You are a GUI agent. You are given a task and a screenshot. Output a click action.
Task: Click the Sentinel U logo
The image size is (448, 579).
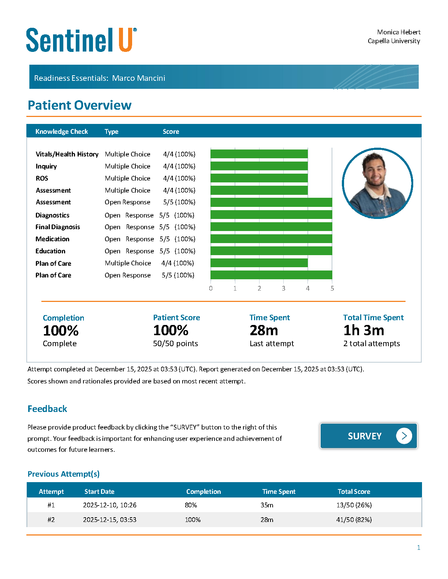pyautogui.click(x=81, y=40)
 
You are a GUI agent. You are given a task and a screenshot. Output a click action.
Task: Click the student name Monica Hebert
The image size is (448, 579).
pyautogui.click(x=399, y=32)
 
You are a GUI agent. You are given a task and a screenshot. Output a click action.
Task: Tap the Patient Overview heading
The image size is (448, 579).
pyautogui.click(x=79, y=105)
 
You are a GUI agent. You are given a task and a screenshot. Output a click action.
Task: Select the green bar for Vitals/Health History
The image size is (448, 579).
pyautogui.click(x=259, y=154)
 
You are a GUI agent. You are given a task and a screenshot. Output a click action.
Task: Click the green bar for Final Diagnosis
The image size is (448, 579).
pyautogui.click(x=271, y=227)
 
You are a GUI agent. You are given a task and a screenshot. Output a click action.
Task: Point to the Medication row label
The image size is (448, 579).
pyautogui.click(x=52, y=239)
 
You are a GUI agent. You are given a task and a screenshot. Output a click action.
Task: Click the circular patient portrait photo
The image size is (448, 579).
pyautogui.click(x=377, y=183)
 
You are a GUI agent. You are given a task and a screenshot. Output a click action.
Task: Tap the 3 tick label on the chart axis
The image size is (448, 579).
pyautogui.click(x=283, y=288)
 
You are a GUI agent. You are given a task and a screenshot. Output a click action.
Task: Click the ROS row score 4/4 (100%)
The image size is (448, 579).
pyautogui.click(x=179, y=178)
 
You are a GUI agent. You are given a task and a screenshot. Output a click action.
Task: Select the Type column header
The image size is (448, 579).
pyautogui.click(x=112, y=132)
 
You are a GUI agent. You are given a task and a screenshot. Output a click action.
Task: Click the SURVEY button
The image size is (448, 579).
pyautogui.click(x=369, y=436)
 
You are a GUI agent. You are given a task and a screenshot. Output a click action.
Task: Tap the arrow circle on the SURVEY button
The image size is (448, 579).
pyautogui.click(x=404, y=436)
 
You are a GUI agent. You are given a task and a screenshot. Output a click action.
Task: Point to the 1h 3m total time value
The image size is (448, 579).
pyautogui.click(x=364, y=330)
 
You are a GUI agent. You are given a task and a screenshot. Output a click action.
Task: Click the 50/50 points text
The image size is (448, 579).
pyautogui.click(x=175, y=344)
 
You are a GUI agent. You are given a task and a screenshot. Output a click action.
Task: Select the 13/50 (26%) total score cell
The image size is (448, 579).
pyautogui.click(x=354, y=505)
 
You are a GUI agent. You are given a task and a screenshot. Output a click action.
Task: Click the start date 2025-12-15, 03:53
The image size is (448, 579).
pyautogui.click(x=110, y=520)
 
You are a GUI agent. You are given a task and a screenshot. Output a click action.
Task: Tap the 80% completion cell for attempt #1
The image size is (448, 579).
pyautogui.click(x=191, y=505)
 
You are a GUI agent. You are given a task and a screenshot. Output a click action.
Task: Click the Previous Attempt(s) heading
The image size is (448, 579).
pyautogui.click(x=64, y=474)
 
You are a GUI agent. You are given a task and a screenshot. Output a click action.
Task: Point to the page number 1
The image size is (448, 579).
pyautogui.click(x=419, y=548)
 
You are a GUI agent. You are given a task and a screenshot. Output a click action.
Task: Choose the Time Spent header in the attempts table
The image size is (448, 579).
pyautogui.click(x=279, y=492)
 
